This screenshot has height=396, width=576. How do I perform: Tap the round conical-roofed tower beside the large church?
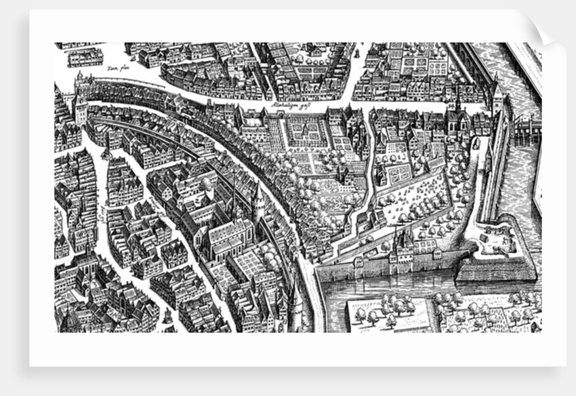point(258,201)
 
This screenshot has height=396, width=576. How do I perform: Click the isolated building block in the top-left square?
point(86,57)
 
